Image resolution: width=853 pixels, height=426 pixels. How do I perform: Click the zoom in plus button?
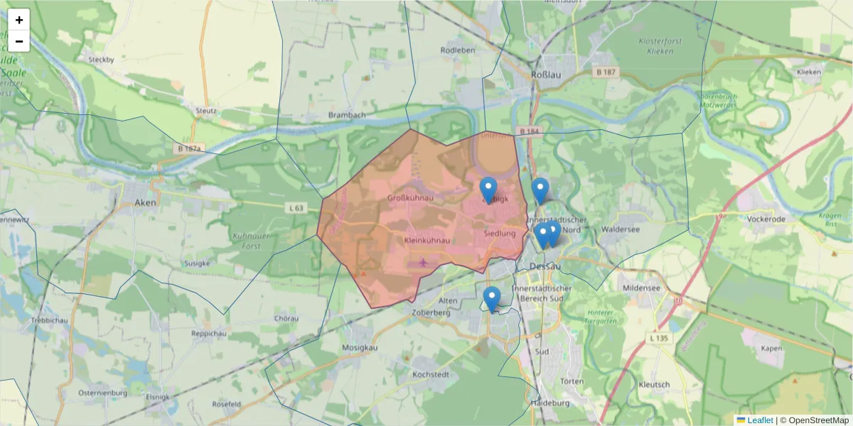(x=19, y=20)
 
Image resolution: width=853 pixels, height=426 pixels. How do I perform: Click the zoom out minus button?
(x=19, y=41)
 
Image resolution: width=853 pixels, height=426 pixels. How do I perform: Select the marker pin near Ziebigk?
(x=488, y=190)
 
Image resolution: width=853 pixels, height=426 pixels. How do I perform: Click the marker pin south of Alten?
(x=491, y=299)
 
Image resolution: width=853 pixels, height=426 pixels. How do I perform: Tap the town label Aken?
(x=144, y=202)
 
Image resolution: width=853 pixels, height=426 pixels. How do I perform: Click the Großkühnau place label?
(x=411, y=197)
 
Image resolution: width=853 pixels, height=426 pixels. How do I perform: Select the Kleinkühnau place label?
(x=427, y=241)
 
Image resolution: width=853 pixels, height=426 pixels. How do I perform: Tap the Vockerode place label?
(x=766, y=219)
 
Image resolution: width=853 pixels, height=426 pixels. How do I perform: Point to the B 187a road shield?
(x=188, y=148)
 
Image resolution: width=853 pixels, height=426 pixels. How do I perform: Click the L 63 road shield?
(x=296, y=208)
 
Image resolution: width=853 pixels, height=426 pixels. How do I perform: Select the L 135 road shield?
(x=659, y=339)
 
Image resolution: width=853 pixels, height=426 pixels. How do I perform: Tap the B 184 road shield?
(x=530, y=131)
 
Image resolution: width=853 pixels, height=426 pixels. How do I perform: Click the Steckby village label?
(x=101, y=60)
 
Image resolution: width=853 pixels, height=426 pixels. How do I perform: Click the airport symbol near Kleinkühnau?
(x=424, y=263)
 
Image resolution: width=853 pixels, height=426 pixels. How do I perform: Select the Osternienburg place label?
(x=102, y=393)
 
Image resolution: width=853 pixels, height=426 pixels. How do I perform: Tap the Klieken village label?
(x=809, y=72)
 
